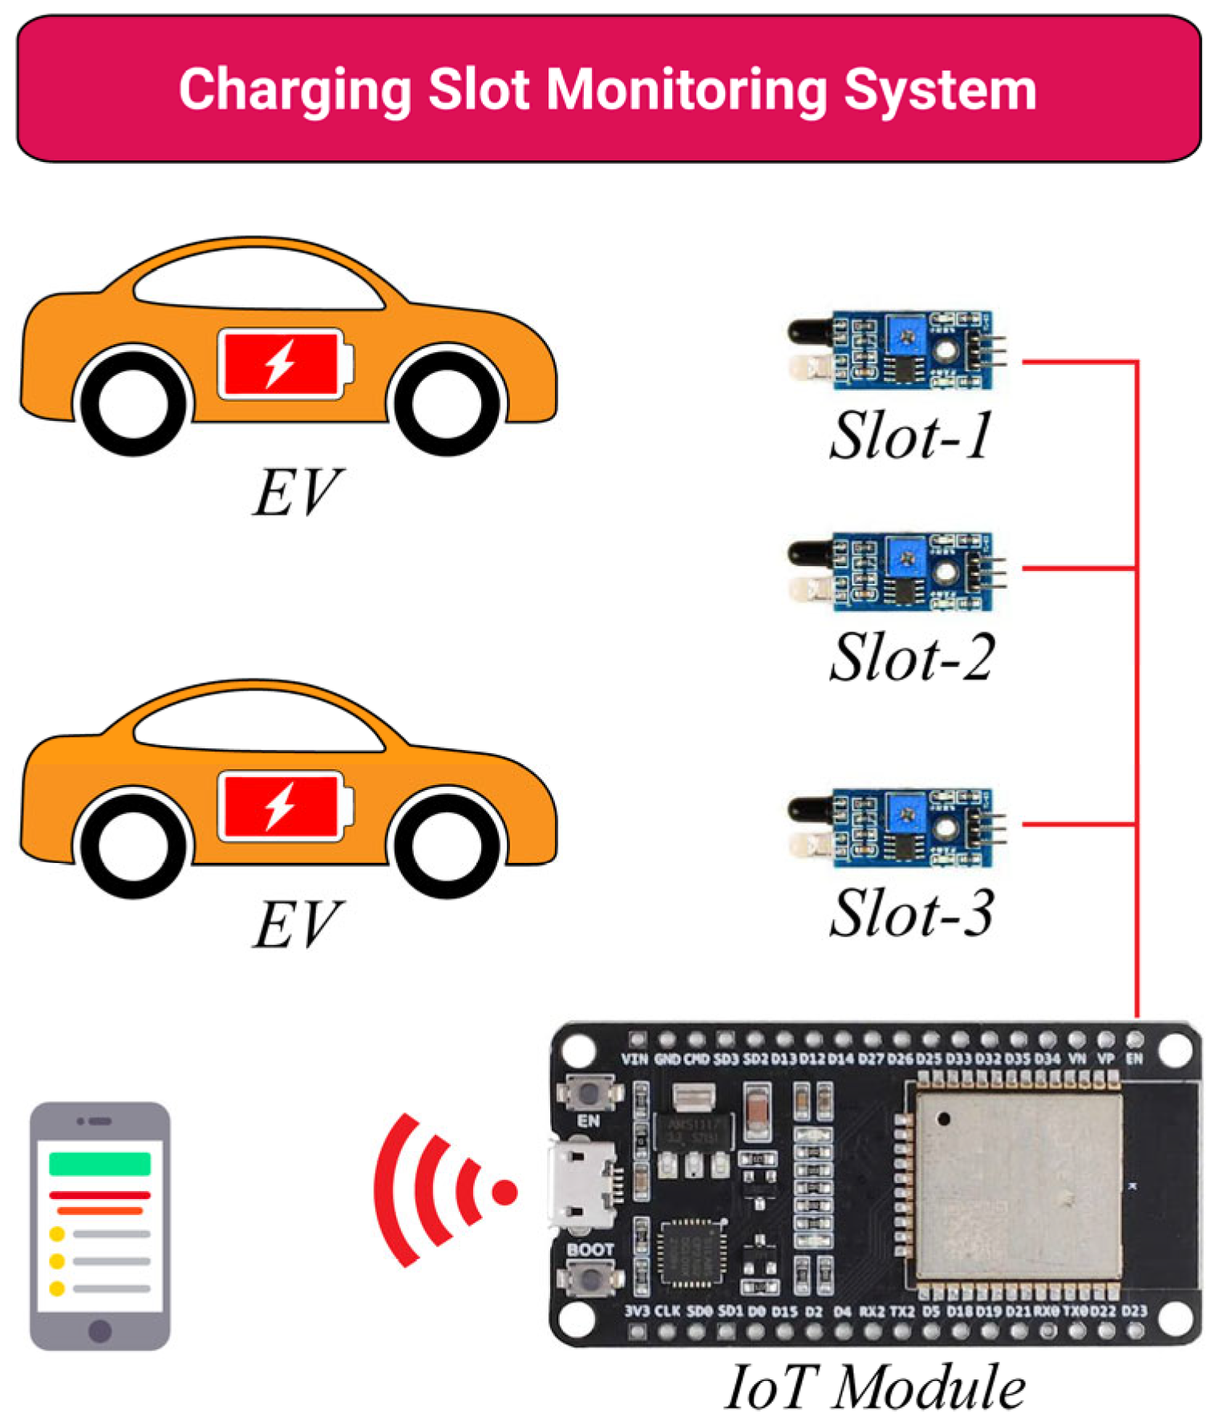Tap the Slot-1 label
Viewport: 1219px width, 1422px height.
point(911,436)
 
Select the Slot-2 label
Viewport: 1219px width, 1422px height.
point(911,658)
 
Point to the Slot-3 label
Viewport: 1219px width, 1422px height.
point(911,913)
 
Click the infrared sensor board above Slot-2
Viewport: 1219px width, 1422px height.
point(898,571)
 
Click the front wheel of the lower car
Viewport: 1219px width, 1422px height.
point(445,844)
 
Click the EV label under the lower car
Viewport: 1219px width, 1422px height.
point(297,925)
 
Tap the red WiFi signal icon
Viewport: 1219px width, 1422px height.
point(441,1190)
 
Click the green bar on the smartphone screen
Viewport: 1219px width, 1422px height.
point(99,1162)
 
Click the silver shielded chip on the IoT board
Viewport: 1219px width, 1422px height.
point(1017,1185)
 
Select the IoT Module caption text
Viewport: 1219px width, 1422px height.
point(874,1387)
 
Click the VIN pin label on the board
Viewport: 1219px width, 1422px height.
point(634,1059)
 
